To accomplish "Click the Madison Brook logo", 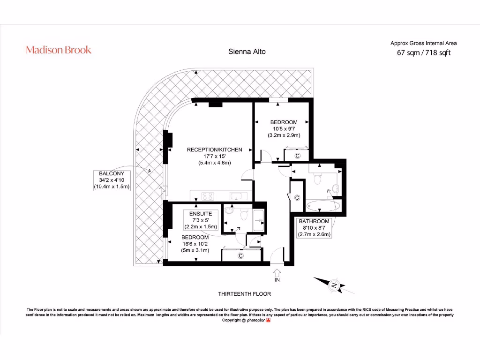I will pos(59,50).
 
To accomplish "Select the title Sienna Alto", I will pos(247,52).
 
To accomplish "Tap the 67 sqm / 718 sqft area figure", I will pos(424,52).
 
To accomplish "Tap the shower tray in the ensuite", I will pos(258,219).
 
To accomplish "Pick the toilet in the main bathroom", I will pos(318,178).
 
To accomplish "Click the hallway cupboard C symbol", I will pos(297,198).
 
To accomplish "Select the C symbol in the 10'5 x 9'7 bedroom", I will pos(297,156).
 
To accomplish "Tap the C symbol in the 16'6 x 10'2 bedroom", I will pos(240,255).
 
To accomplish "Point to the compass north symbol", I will pos(334,285).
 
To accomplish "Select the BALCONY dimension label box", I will pos(111,180).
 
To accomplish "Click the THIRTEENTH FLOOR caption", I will pos(244,294).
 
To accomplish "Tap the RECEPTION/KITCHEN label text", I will pos(215,150).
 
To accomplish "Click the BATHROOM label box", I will pos(314,228).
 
